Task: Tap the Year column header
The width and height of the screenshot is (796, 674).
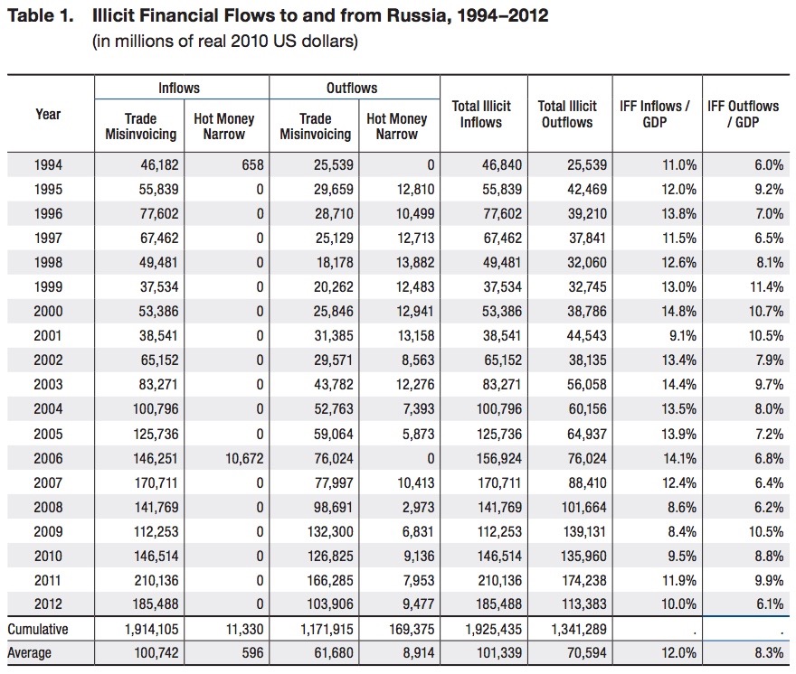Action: click(48, 114)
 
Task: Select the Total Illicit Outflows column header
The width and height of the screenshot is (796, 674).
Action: click(567, 114)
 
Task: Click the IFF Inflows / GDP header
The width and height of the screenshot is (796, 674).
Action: click(655, 114)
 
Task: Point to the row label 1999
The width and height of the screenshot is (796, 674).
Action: click(48, 286)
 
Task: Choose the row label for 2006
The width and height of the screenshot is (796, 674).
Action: click(48, 458)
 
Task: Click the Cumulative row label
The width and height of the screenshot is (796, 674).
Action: click(38, 630)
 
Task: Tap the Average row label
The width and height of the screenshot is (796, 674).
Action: click(29, 652)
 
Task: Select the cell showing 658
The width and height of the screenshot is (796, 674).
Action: click(252, 164)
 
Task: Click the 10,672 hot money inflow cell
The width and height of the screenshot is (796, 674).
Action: click(244, 458)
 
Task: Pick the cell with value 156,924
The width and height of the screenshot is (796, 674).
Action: click(499, 458)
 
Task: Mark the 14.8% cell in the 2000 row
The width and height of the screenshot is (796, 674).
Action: click(678, 311)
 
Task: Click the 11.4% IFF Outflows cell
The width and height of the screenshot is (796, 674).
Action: click(766, 286)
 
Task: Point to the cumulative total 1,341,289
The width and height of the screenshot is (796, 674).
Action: click(579, 630)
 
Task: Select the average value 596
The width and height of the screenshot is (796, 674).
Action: click(252, 652)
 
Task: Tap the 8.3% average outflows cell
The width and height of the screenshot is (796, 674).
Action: click(769, 652)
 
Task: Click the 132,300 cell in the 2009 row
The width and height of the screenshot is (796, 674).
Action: click(330, 531)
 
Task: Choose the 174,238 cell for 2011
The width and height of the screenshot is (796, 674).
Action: click(583, 580)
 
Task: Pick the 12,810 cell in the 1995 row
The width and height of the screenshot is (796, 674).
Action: click(415, 189)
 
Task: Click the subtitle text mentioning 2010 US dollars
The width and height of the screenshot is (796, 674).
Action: click(225, 41)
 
